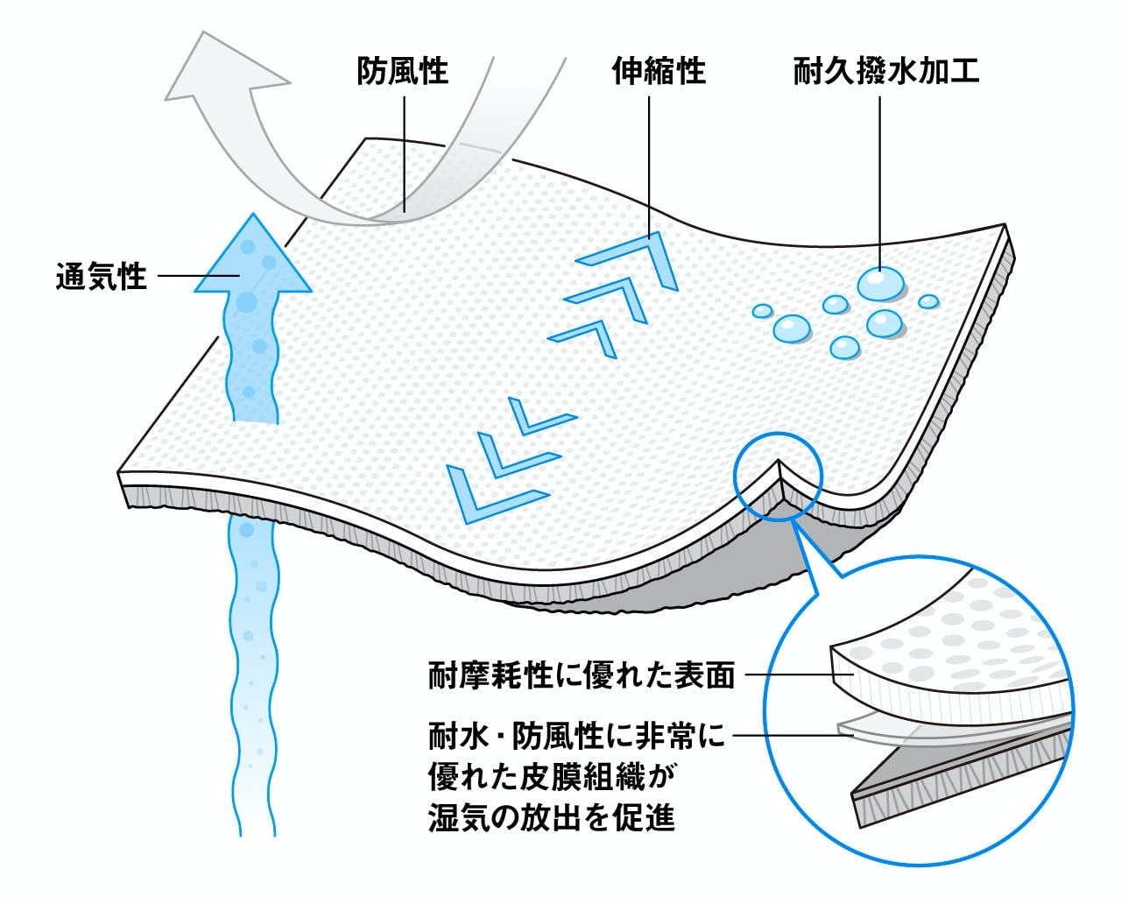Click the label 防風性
click(403, 71)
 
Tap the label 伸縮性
click(659, 71)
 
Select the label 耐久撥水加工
click(886, 71)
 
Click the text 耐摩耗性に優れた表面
click(582, 675)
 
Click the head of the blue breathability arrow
click(252, 258)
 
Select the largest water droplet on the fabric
click(881, 283)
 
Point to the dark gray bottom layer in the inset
click(963, 771)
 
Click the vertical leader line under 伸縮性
click(649, 166)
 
